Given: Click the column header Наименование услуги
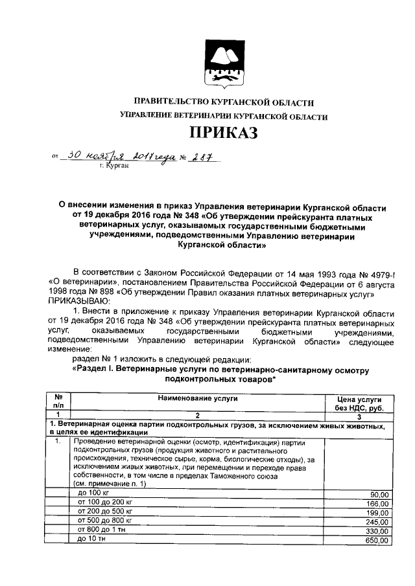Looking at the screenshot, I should pyautogui.click(x=195, y=399).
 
